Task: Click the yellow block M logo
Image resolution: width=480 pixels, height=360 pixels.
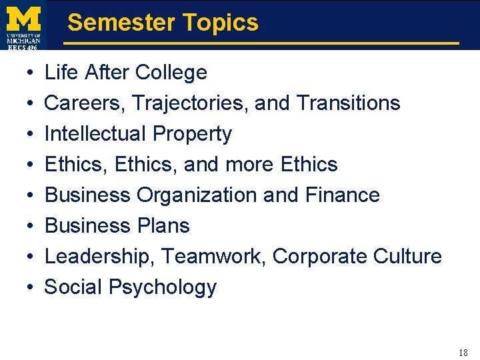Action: click(24, 17)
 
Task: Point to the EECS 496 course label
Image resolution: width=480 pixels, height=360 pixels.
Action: click(24, 46)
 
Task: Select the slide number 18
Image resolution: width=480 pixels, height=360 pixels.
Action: click(463, 353)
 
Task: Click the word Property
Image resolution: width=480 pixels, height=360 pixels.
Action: click(192, 134)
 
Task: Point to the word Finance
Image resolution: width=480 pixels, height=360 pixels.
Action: click(341, 195)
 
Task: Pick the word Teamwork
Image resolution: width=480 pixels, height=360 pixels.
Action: click(214, 256)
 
